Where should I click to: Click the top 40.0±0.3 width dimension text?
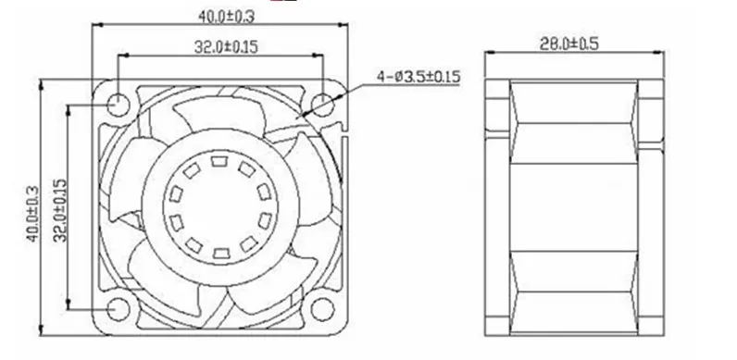click(226, 17)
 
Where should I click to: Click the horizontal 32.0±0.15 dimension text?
click(226, 46)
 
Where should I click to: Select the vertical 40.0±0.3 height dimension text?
click(33, 214)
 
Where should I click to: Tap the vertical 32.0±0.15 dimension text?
click(60, 210)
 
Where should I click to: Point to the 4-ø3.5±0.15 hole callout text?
click(418, 77)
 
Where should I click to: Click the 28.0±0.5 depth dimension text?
click(569, 43)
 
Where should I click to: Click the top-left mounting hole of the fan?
click(118, 105)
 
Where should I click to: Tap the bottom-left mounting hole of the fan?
click(118, 309)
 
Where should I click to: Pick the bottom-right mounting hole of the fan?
click(323, 309)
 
